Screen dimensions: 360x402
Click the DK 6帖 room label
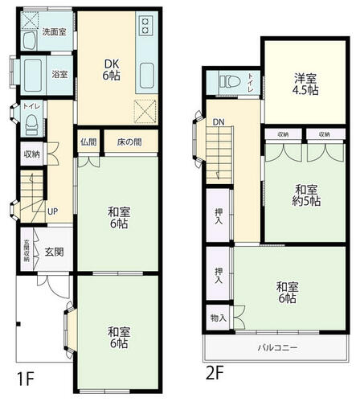pyautogui.click(x=112, y=70)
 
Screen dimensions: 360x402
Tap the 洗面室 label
pyautogui.click(x=55, y=32)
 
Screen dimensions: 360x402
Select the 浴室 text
pyautogui.click(x=59, y=74)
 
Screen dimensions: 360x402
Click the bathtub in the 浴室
pyautogui.click(x=33, y=75)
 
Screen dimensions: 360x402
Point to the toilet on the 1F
pyautogui.click(x=32, y=125)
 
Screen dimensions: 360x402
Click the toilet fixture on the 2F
pyautogui.click(x=230, y=81)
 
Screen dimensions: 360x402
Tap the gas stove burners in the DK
pyautogui.click(x=145, y=25)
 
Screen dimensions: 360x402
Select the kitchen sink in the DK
pyautogui.click(x=147, y=76)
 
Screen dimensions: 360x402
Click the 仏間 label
pyautogui.click(x=88, y=142)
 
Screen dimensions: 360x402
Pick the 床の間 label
pyautogui.click(x=129, y=142)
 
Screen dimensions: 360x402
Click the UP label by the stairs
pyautogui.click(x=52, y=211)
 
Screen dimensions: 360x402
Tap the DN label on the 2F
pyautogui.click(x=219, y=122)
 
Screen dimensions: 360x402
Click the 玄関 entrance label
pyautogui.click(x=54, y=252)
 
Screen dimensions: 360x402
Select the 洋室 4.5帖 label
pyautogui.click(x=305, y=84)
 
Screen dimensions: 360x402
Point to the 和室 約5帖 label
pyautogui.click(x=306, y=195)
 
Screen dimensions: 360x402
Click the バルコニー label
pyautogui.click(x=277, y=348)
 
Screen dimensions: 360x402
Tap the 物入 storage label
pyautogui.click(x=219, y=318)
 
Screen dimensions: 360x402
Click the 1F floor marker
pyautogui.click(x=25, y=379)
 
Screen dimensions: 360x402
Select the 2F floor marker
pyautogui.click(x=215, y=372)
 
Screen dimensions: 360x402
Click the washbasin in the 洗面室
pyautogui.click(x=29, y=40)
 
